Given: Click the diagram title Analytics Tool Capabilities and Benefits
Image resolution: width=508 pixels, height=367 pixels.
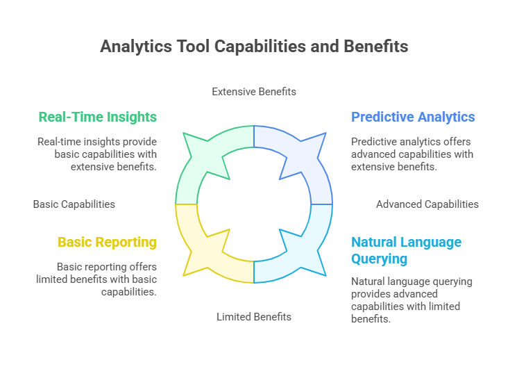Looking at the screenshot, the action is point(254,46).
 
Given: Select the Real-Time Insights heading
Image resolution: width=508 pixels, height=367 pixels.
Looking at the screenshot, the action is point(98,117).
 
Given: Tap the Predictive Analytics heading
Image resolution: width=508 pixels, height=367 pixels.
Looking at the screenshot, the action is point(413,117).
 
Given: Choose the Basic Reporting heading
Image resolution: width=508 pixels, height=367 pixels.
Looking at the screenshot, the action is point(108,242).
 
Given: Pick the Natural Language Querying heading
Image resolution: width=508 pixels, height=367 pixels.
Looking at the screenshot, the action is point(406,250).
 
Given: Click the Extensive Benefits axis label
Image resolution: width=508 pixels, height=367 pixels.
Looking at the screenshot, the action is point(254,92).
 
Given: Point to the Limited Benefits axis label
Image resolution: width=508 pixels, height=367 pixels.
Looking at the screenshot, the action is point(254,317).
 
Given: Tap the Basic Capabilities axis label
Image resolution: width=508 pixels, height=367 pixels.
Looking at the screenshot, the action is point(74,204).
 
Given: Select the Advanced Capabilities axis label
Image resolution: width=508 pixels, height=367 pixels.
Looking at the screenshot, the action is point(427,204).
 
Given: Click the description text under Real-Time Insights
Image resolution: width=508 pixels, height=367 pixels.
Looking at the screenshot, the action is point(97,154).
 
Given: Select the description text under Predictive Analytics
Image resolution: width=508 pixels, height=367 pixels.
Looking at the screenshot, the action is point(412,154).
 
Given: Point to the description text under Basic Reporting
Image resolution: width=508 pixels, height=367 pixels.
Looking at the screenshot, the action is point(96,279).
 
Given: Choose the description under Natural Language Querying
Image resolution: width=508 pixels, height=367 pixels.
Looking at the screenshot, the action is point(412,300).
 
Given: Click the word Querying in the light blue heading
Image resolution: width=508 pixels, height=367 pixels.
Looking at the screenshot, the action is point(379,259).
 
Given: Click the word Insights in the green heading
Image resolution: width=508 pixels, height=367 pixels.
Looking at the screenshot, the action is point(132,117).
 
